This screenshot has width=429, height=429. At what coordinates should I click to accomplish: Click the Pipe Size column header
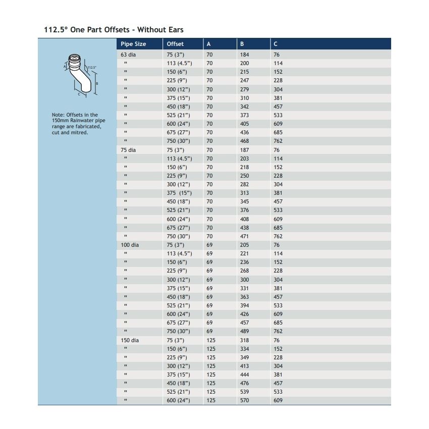tap(133, 44)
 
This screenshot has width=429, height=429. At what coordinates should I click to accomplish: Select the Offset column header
tap(175, 44)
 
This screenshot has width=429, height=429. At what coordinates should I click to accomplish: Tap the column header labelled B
tap(242, 44)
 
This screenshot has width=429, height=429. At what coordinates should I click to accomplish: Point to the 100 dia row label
tap(129, 245)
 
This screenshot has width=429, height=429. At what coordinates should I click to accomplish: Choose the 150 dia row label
tap(129, 340)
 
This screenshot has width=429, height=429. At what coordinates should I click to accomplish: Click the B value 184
tap(244, 55)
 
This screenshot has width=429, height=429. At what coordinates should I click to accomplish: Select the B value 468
tap(244, 141)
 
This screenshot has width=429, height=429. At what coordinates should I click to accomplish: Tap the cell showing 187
tap(244, 150)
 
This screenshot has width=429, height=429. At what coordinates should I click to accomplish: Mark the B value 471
tap(244, 236)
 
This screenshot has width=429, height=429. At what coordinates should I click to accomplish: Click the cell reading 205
tap(244, 245)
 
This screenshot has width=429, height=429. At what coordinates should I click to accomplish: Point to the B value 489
tap(244, 331)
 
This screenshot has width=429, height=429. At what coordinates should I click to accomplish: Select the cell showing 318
tap(244, 340)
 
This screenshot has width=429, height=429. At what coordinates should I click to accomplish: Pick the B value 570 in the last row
tap(244, 400)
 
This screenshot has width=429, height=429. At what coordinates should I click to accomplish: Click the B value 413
tap(244, 366)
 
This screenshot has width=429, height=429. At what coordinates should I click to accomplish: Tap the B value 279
tap(244, 89)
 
